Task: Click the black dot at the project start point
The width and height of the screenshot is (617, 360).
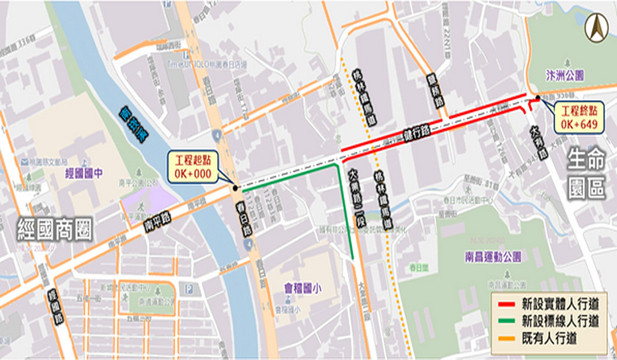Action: pyautogui.click(x=235, y=188)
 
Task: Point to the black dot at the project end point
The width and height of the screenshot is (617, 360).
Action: pyautogui.click(x=537, y=98)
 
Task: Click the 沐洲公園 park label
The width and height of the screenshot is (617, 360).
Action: pyautogui.click(x=565, y=76)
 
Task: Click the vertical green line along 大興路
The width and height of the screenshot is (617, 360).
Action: pyautogui.click(x=346, y=211)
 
